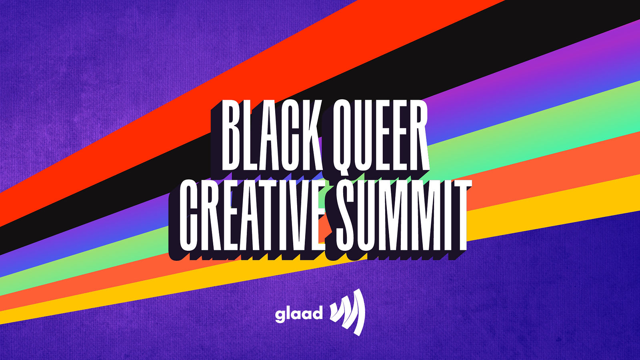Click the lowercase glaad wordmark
299,314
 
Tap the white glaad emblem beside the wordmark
347,312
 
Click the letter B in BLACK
232,136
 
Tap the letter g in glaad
280,316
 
